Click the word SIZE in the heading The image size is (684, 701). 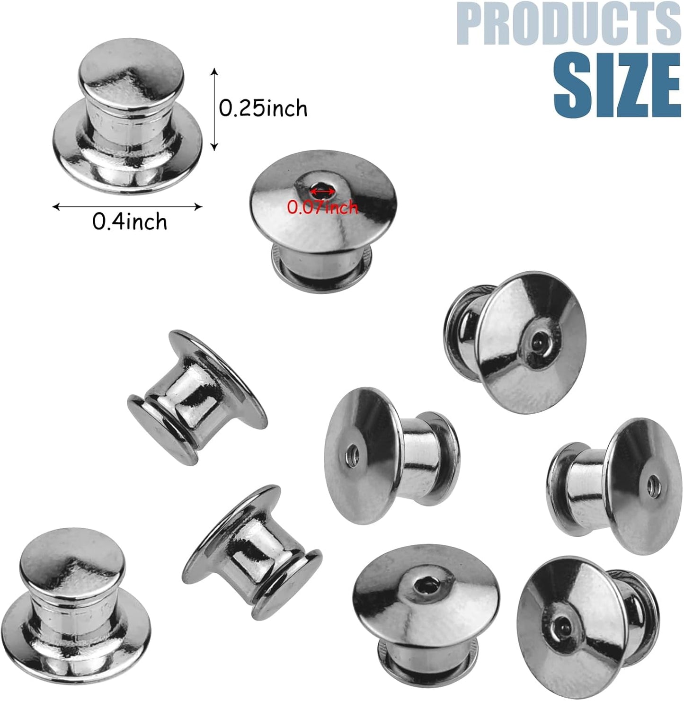point(617,86)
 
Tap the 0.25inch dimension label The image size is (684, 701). point(263,108)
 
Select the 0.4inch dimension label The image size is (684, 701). point(130,222)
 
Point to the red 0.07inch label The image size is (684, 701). point(323,207)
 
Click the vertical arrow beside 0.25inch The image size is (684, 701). point(214,109)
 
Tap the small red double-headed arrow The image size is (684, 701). point(322,192)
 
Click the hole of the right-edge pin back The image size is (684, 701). point(653,484)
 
